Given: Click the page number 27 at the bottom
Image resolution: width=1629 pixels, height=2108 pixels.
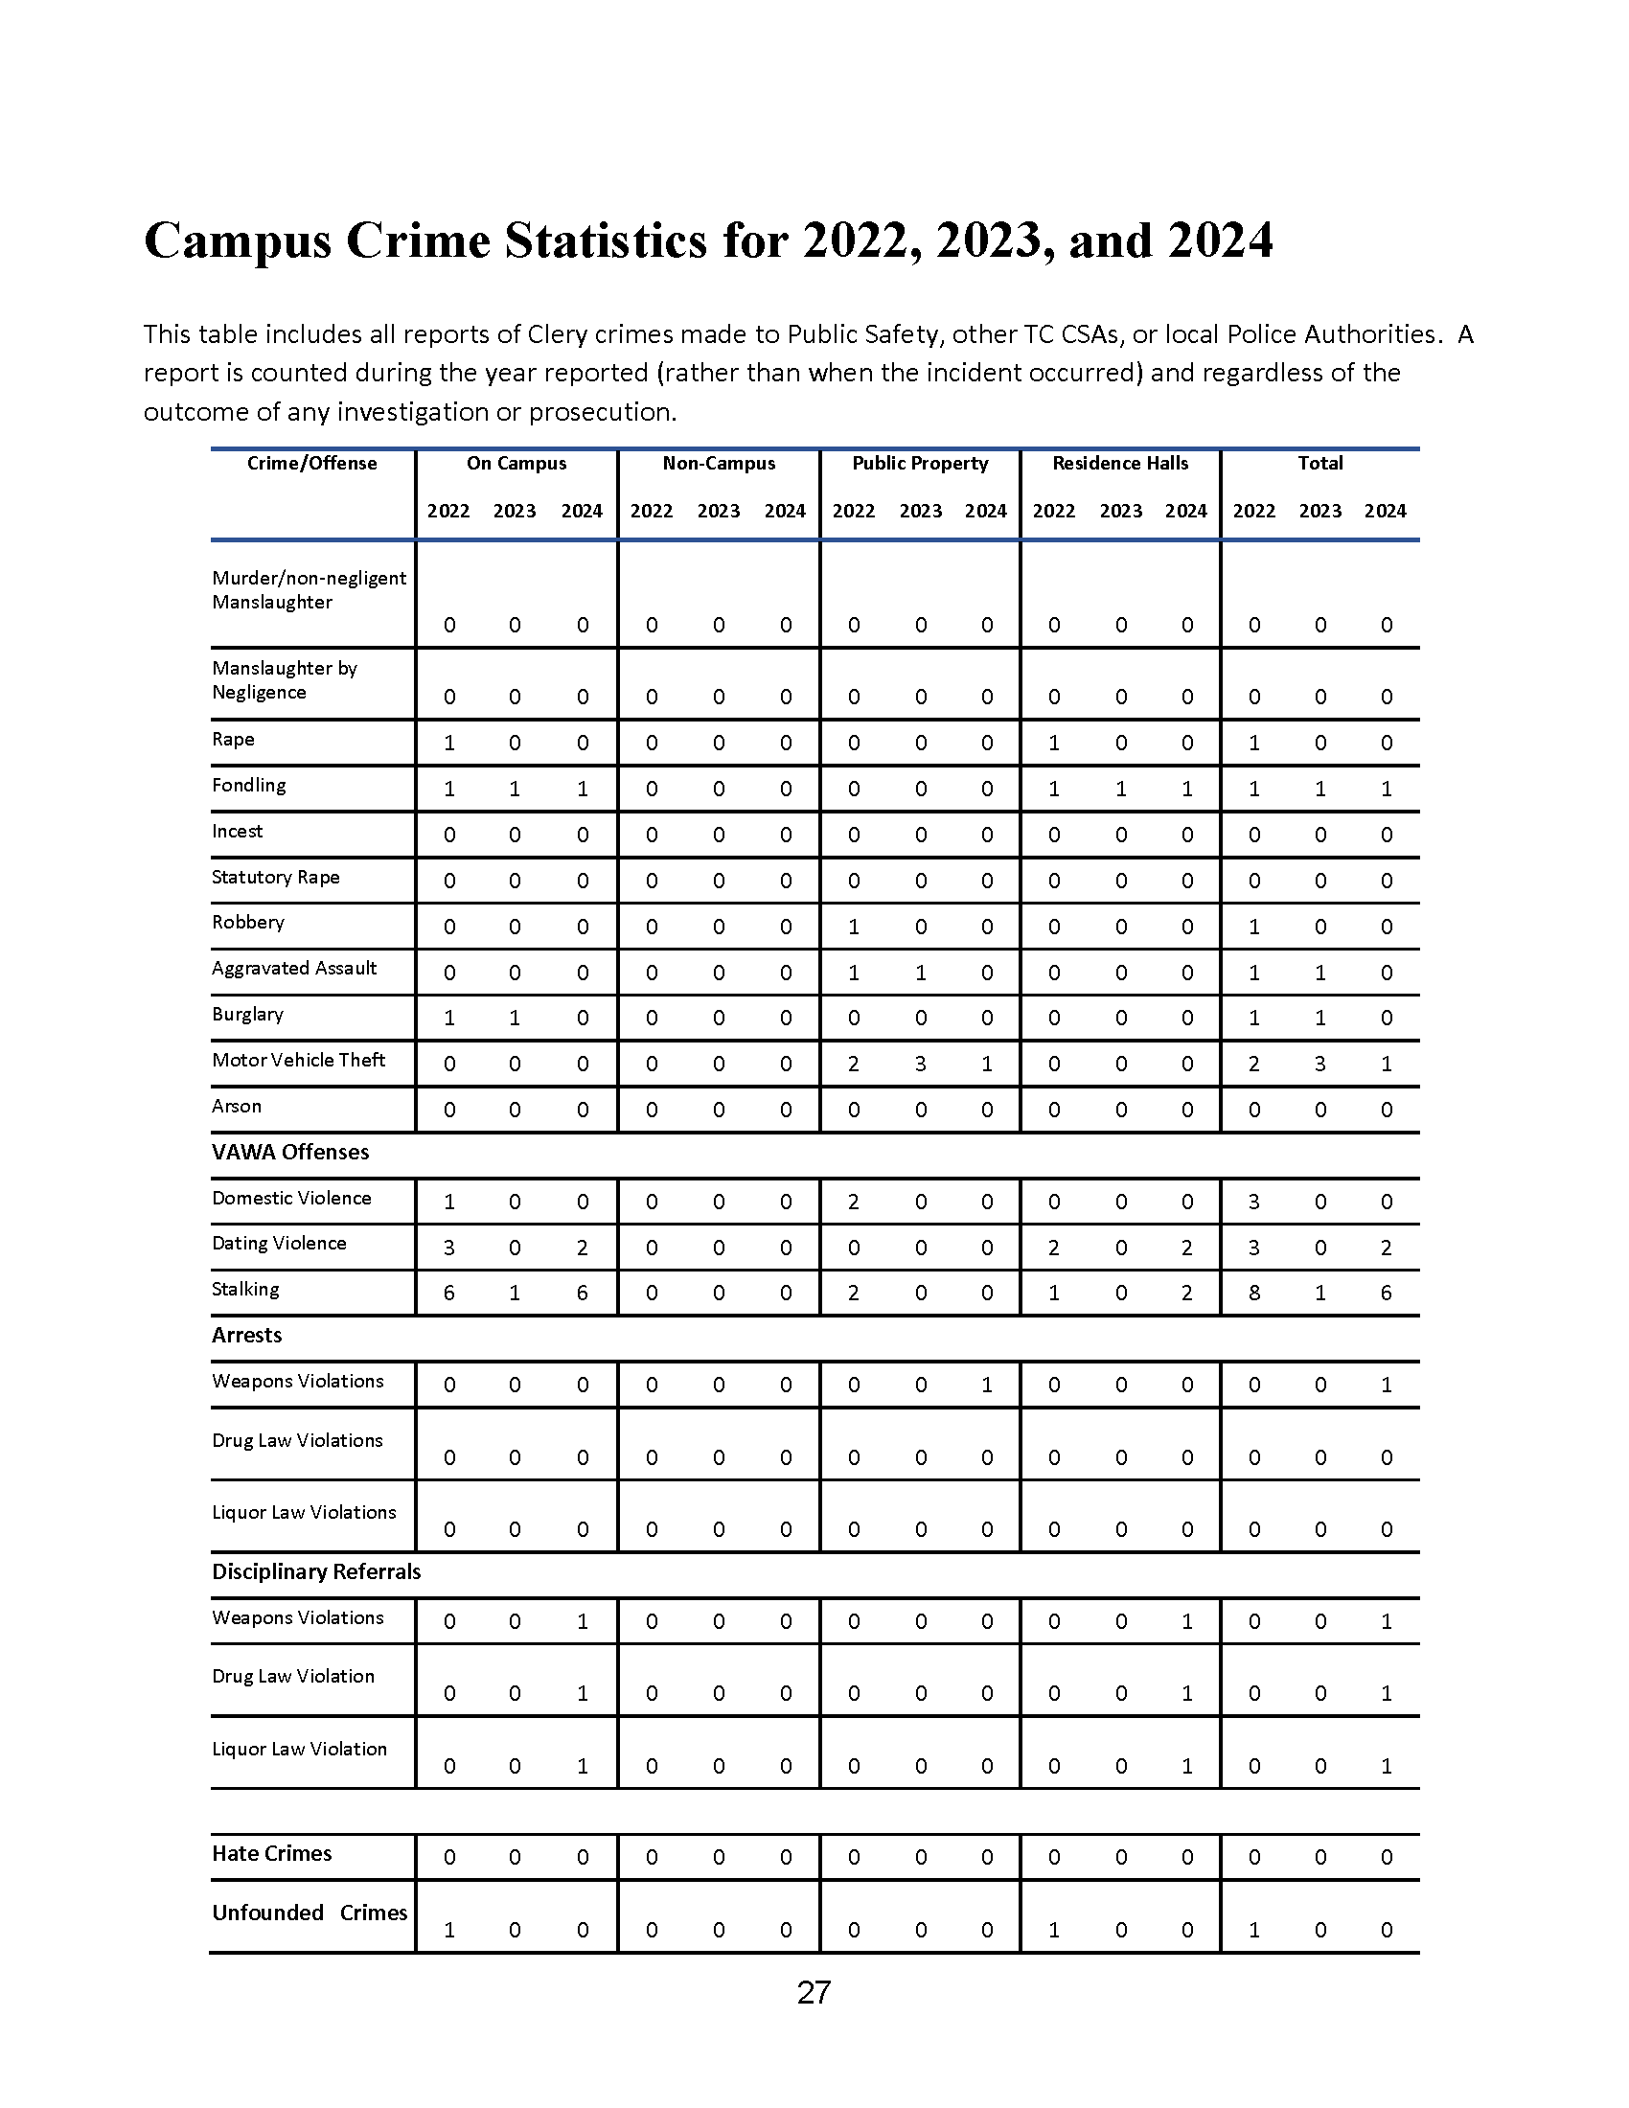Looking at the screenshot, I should coord(814,1993).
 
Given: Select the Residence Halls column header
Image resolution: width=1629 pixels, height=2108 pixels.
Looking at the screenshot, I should coord(1119,464).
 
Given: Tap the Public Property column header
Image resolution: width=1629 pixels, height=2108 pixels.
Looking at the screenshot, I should coord(920,464).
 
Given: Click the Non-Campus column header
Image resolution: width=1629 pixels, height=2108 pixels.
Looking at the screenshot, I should coord(719,464).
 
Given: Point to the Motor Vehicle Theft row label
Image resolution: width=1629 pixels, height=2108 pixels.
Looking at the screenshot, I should coord(298,1060).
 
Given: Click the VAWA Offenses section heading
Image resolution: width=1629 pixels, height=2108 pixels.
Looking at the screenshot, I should coord(290,1152).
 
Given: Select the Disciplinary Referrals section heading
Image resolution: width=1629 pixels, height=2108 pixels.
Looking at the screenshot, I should coord(316,1571).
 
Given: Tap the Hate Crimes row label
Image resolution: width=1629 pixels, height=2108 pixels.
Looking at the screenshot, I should coord(271,1853).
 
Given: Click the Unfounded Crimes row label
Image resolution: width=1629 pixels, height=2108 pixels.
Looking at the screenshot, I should coord(310,1913).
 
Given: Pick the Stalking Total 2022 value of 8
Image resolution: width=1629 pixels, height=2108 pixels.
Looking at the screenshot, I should coord(1253,1294).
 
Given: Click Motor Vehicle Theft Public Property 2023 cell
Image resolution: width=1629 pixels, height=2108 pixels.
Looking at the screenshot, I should coord(921,1064).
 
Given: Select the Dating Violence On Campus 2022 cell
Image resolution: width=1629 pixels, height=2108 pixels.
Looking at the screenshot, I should coord(448,1248).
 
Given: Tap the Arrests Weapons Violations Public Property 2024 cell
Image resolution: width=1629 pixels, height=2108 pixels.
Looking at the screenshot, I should coord(986,1386).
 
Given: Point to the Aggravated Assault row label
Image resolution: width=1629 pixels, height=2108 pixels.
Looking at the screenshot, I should coord(294,968).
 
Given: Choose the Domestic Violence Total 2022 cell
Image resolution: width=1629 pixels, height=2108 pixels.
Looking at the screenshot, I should coord(1253,1202).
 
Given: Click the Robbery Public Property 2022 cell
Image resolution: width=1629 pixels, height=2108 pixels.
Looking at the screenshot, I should coord(853,927).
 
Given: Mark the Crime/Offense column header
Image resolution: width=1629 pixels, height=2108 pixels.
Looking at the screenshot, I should coord(311,464).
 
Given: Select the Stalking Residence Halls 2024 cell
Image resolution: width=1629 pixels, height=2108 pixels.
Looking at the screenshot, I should coord(1187,1294).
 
